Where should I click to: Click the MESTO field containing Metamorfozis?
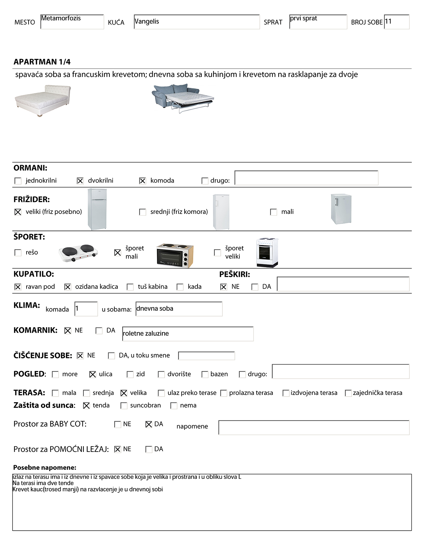pyautogui.click(x=72, y=22)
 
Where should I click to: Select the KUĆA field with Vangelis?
pyautogui.click(x=197, y=22)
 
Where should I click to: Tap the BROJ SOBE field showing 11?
pyautogui.click(x=396, y=22)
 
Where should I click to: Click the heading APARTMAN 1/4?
pyautogui.click(x=42, y=62)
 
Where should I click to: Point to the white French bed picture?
pyautogui.click(x=43, y=100)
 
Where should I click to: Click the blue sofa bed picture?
pyautogui.click(x=183, y=98)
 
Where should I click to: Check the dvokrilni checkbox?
pyautogui.click(x=80, y=181)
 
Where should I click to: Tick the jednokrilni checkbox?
pyautogui.click(x=18, y=181)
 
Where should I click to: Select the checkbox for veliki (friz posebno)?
pyautogui.click(x=18, y=212)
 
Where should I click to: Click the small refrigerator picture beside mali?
pyautogui.click(x=341, y=209)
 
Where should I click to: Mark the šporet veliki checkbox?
pyautogui.click(x=217, y=253)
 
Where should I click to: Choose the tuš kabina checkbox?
pyautogui.click(x=130, y=287)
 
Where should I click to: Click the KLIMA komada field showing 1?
pyautogui.click(x=86, y=309)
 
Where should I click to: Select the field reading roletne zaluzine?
pyautogui.click(x=188, y=334)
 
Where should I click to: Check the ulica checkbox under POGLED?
pyautogui.click(x=93, y=374)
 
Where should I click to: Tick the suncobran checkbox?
pyautogui.click(x=124, y=406)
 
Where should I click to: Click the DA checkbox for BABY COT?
pyautogui.click(x=149, y=424)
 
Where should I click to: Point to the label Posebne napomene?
pyautogui.click(x=45, y=467)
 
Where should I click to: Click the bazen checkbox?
pyautogui.click(x=205, y=374)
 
